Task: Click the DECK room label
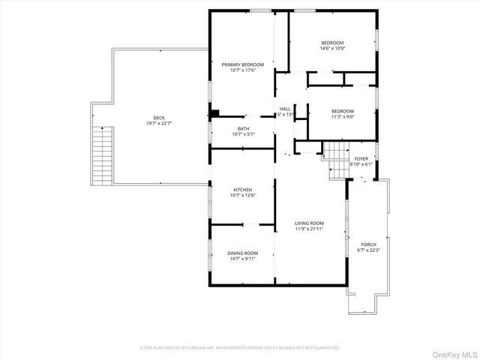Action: pyautogui.click(x=159, y=118)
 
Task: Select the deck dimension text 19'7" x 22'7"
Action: pyautogui.click(x=159, y=124)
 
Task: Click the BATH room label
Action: pyautogui.click(x=244, y=128)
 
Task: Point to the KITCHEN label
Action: pyautogui.click(x=242, y=190)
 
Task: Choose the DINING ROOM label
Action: pyautogui.click(x=242, y=253)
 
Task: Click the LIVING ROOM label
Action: pyautogui.click(x=309, y=223)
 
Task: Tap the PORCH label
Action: pyautogui.click(x=368, y=244)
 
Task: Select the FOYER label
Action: pyautogui.click(x=361, y=158)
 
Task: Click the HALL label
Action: pyautogui.click(x=285, y=109)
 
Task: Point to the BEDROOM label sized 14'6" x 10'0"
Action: pyautogui.click(x=332, y=43)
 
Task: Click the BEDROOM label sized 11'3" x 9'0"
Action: pyautogui.click(x=343, y=111)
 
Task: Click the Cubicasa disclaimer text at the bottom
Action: pyautogui.click(x=240, y=348)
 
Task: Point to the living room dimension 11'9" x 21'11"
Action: pyautogui.click(x=309, y=229)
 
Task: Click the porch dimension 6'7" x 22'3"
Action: pyautogui.click(x=368, y=250)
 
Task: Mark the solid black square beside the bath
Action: pyautogui.click(x=214, y=114)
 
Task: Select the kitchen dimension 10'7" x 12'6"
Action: pyautogui.click(x=242, y=196)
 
